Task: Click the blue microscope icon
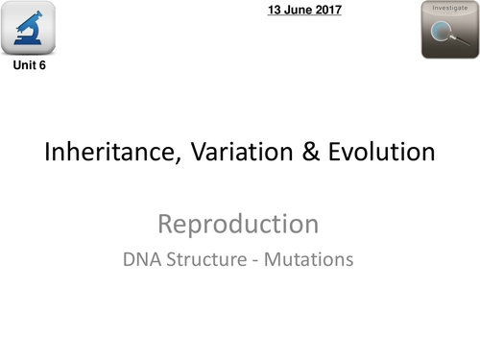[30, 30]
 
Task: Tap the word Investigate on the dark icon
[449, 9]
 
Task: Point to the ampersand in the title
[309, 153]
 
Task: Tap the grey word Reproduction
[238, 225]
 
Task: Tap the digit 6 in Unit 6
[41, 68]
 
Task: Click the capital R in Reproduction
[165, 225]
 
